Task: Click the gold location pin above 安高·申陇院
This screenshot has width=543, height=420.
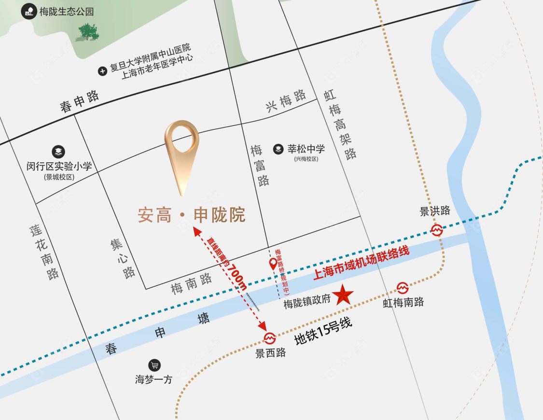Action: (x=181, y=152)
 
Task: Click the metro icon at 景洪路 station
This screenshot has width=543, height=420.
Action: (x=437, y=230)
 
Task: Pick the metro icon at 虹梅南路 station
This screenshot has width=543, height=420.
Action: (x=403, y=288)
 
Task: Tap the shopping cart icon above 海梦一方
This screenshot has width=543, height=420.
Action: (x=154, y=365)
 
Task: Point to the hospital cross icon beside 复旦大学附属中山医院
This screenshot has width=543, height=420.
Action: (x=102, y=71)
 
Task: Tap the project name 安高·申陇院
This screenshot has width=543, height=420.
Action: (x=192, y=215)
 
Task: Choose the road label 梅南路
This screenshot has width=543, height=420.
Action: (x=192, y=284)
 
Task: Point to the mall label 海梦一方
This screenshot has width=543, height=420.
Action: (x=153, y=379)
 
